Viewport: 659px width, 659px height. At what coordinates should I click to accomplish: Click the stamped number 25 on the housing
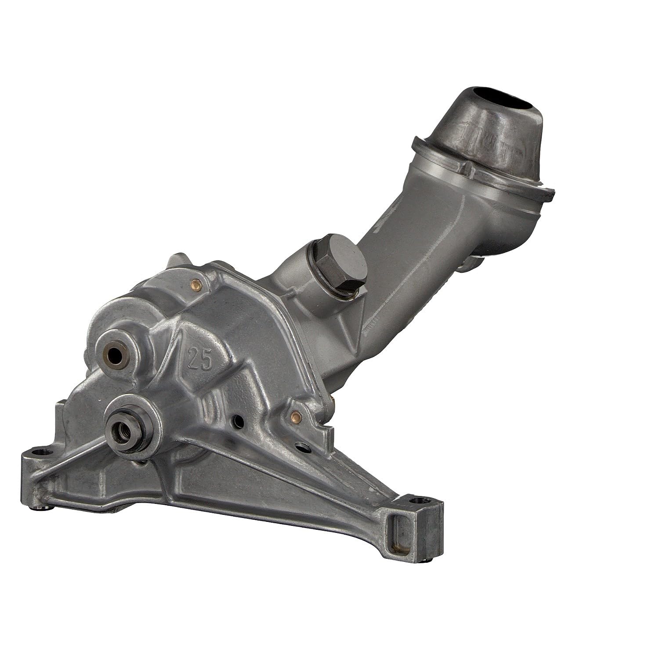[199, 348]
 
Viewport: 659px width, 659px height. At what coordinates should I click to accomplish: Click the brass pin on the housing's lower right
[296, 414]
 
